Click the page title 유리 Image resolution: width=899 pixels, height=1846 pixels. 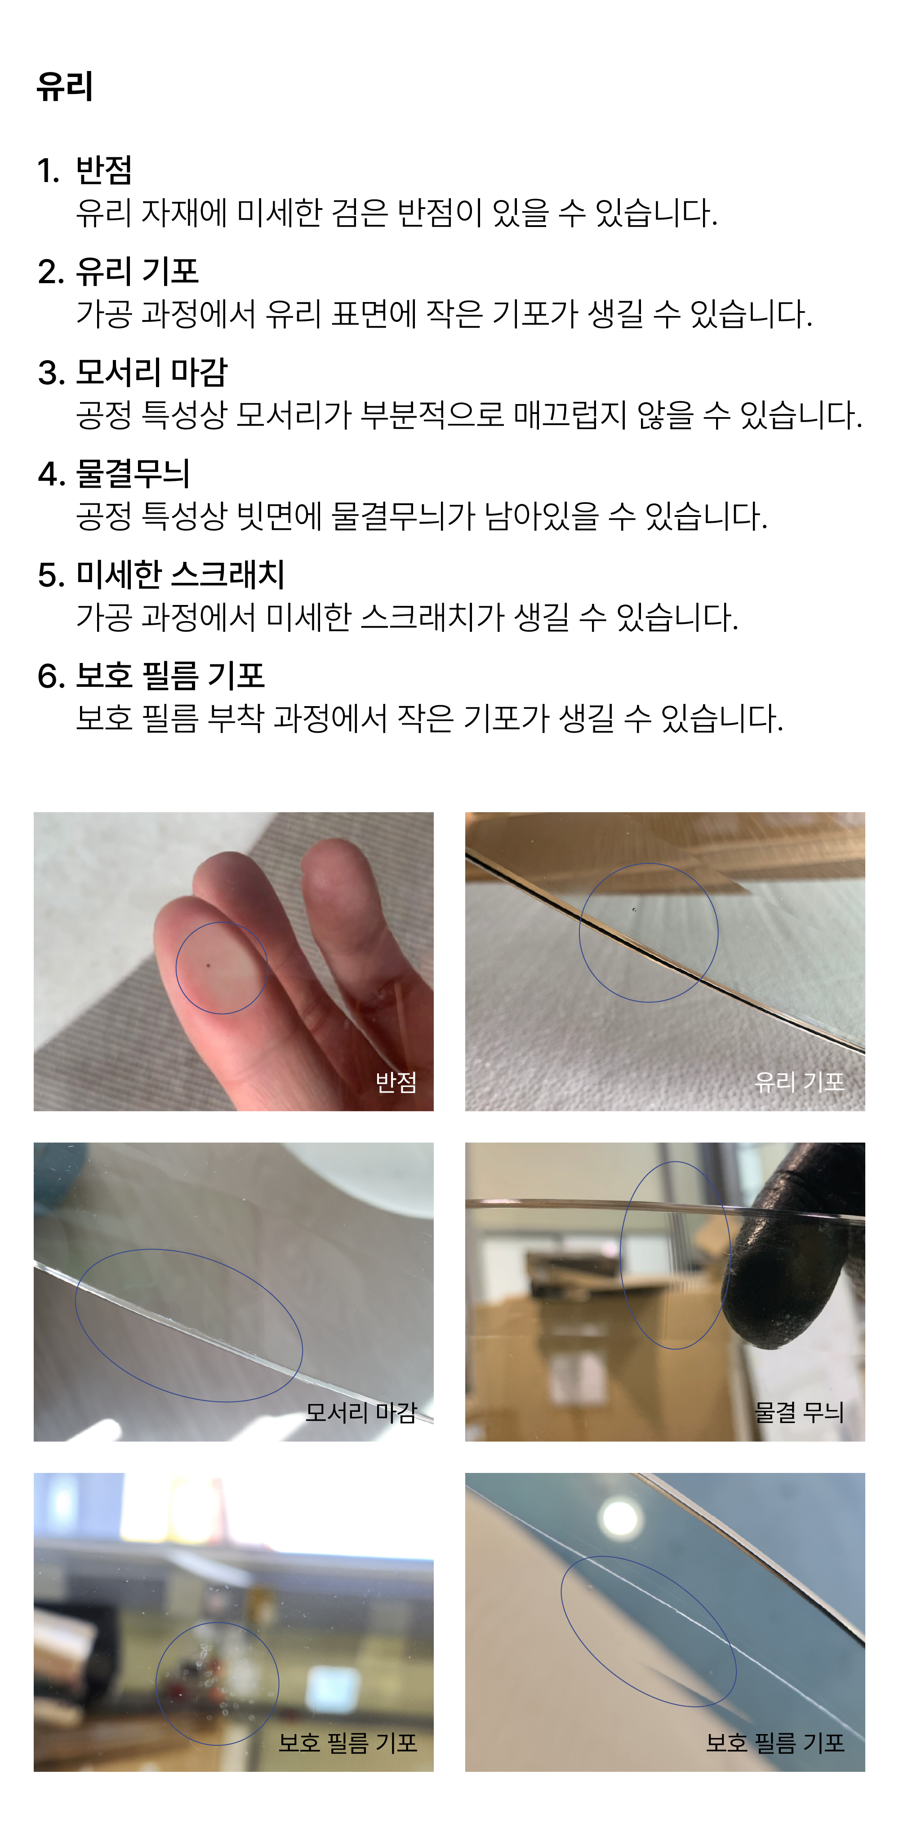(x=65, y=86)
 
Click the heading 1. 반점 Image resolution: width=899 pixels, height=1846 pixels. (x=85, y=170)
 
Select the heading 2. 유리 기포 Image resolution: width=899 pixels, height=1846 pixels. (x=118, y=271)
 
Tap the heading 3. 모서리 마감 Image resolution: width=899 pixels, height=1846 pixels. (x=133, y=372)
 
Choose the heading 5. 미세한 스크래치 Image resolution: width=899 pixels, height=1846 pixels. (x=161, y=574)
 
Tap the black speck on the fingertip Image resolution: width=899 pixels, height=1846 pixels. (x=209, y=965)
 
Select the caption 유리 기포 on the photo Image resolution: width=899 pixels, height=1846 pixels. (x=799, y=1082)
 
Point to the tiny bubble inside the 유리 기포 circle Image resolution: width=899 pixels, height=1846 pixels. (x=634, y=910)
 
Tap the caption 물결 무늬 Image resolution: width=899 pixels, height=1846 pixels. (x=799, y=1412)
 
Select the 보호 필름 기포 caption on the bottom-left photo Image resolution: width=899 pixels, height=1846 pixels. (x=348, y=1743)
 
